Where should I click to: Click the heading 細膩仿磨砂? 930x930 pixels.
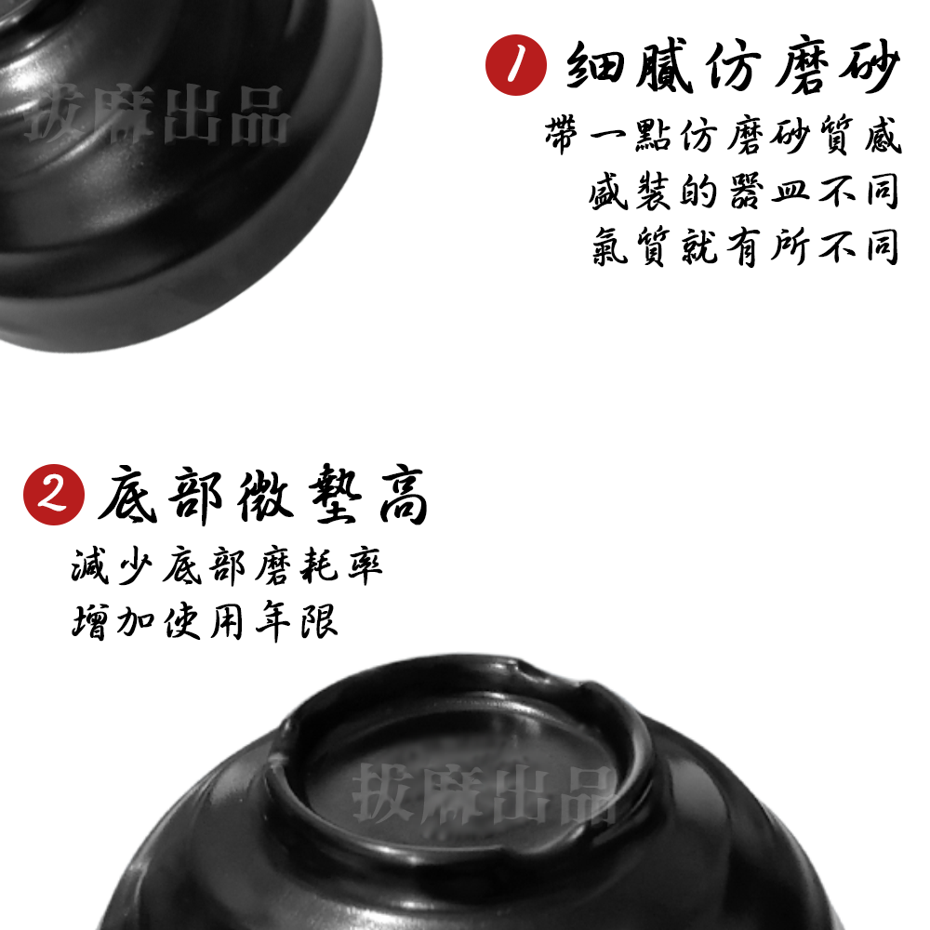[733, 66]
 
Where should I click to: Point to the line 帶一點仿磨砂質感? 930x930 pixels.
[724, 138]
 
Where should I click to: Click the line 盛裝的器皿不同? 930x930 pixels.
[744, 192]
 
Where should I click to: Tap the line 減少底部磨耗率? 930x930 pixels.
[227, 566]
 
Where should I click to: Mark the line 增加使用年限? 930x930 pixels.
[205, 620]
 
